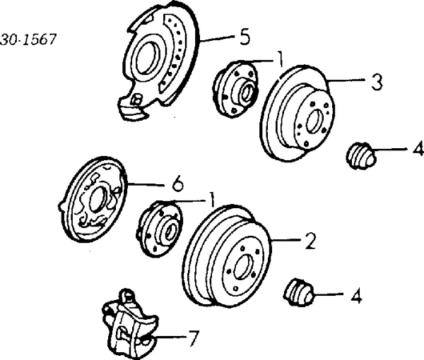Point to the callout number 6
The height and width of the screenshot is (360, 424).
177,186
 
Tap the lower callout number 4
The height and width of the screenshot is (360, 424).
356,298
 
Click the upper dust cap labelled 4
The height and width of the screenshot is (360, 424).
362,157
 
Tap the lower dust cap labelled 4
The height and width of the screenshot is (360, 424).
298,293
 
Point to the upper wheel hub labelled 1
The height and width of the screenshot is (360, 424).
237,85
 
